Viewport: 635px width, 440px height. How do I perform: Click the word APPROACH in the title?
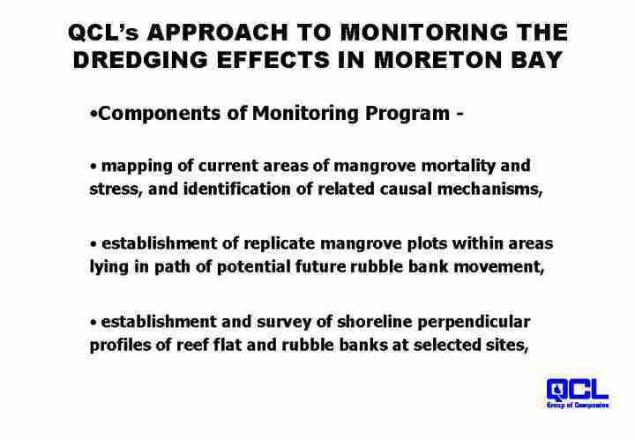pyautogui.click(x=218, y=33)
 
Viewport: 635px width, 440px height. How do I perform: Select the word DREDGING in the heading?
pyautogui.click(x=140, y=60)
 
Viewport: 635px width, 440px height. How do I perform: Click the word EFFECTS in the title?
pyautogui.click(x=273, y=60)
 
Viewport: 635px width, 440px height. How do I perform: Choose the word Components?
pyautogui.click(x=160, y=114)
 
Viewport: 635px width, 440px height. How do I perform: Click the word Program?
pyautogui.click(x=407, y=114)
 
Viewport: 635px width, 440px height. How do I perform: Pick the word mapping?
pyautogui.click(x=137, y=167)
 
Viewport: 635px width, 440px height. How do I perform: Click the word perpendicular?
pyautogui.click(x=474, y=323)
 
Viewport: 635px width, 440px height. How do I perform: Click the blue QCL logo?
pyautogui.click(x=577, y=392)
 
